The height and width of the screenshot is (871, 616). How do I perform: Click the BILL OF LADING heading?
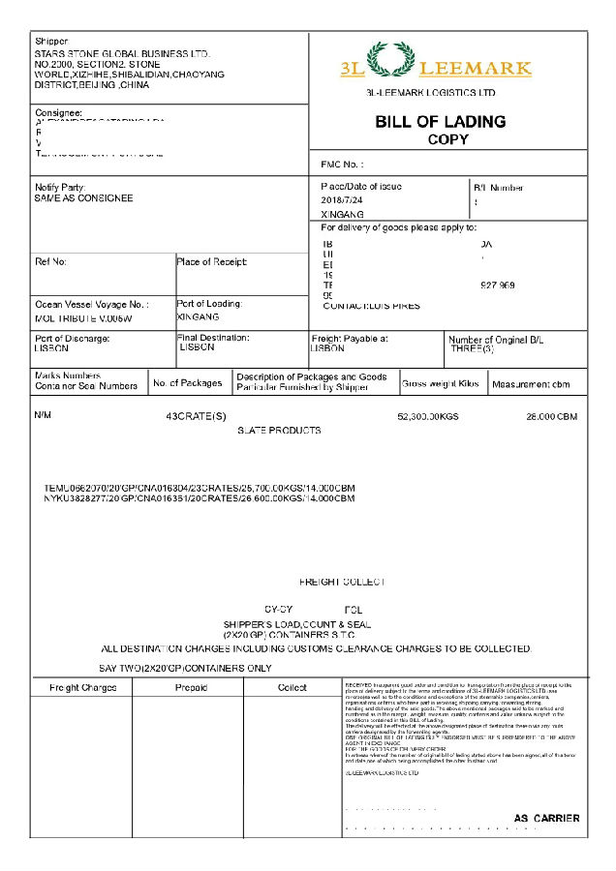[440, 122]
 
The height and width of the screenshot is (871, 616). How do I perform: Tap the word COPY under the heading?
[447, 139]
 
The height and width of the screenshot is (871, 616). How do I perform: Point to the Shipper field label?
[51, 42]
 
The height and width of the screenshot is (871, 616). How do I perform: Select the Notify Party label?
[60, 187]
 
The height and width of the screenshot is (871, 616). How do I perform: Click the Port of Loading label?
[209, 304]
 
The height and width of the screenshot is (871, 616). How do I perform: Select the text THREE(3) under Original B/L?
[471, 348]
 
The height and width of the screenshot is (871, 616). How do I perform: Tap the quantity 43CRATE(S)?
[196, 416]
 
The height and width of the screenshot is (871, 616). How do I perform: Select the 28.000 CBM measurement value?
[551, 416]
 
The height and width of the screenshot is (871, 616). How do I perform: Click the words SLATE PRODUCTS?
[279, 430]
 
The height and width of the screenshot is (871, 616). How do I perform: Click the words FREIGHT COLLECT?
[342, 582]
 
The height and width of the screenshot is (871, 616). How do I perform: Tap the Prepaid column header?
[191, 688]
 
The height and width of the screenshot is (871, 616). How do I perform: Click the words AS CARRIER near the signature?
[547, 818]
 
